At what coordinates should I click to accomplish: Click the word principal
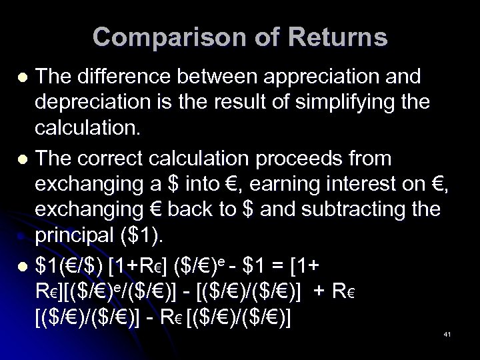(x=97, y=238)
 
